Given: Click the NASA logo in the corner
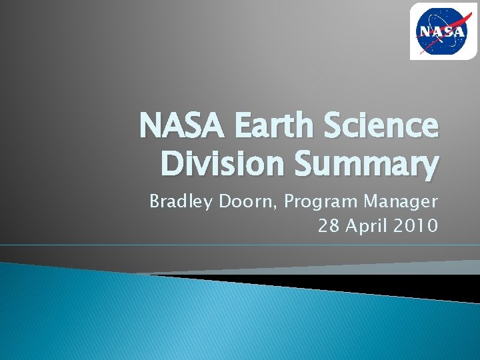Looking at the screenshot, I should (439, 31).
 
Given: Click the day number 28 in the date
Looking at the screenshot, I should (328, 226).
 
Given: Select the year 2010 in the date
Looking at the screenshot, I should (417, 226).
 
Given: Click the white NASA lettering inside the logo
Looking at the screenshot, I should (439, 32).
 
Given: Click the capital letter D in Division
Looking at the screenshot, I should (172, 164).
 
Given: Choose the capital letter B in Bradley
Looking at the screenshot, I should (155, 201).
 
